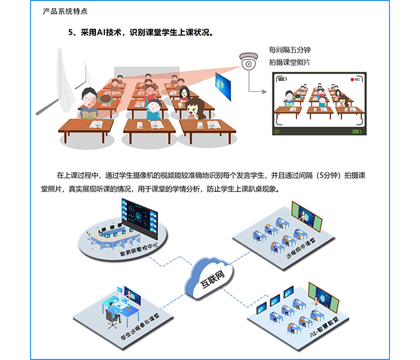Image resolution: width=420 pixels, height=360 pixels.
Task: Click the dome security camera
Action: click(248, 61)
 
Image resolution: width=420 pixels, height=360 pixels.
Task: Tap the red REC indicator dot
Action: click(352, 79)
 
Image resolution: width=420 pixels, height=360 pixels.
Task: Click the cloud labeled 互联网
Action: click(209, 279)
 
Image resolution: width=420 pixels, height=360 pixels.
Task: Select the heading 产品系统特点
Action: click(65, 11)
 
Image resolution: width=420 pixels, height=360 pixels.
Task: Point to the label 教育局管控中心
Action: click(139, 249)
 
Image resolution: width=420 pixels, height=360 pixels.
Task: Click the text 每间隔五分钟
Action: click(290, 50)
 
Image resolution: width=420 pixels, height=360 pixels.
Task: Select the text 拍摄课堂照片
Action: click(290, 62)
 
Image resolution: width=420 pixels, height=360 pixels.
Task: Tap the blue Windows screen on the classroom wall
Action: click(223, 86)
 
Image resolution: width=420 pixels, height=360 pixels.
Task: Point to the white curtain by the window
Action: click(64, 80)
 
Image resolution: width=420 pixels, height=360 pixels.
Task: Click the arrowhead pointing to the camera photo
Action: click(265, 92)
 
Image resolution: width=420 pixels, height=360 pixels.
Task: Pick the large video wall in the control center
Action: click(140, 218)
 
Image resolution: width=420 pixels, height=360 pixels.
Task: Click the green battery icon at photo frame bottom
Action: click(356, 131)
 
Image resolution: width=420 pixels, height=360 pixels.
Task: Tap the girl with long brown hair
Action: click(196, 109)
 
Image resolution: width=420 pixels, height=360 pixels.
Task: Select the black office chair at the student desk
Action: click(112, 319)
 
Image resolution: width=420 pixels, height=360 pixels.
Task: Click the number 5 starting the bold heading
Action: click(70, 32)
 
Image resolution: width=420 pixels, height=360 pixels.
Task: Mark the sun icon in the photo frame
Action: click(277, 131)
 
